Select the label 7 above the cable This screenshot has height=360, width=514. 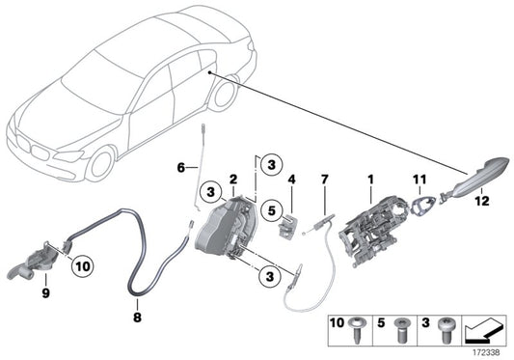(325, 180)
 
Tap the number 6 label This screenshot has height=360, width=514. (290, 179)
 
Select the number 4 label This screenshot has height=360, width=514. (290, 179)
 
